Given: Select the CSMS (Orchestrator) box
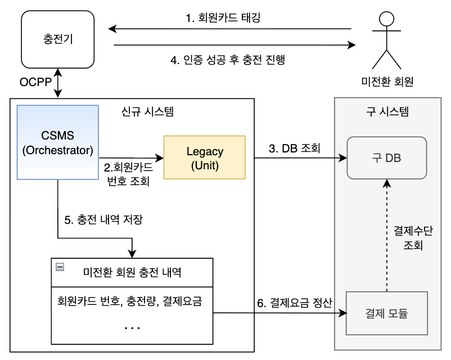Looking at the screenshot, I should pyautogui.click(x=58, y=142).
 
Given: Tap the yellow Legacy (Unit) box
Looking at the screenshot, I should pyautogui.click(x=204, y=158).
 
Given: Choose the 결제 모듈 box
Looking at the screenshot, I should pyautogui.click(x=386, y=313).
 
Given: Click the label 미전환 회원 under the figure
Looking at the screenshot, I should pyautogui.click(x=387, y=82).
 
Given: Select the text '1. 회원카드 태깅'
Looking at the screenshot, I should pyautogui.click(x=223, y=17).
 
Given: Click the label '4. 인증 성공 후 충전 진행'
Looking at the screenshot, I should pyautogui.click(x=227, y=60).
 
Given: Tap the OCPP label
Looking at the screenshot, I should pyautogui.click(x=35, y=83).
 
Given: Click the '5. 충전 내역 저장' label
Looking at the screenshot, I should pyautogui.click(x=103, y=220).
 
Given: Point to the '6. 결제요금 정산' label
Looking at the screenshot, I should pyautogui.click(x=295, y=303).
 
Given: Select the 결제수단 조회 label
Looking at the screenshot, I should pyautogui.click(x=413, y=238).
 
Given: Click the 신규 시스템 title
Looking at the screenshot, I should pyautogui.click(x=148, y=111).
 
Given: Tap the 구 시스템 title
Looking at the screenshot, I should pyautogui.click(x=387, y=111).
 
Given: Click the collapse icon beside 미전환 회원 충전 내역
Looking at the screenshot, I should pyautogui.click(x=60, y=267).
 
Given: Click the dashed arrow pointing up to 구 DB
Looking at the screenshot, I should pyautogui.click(x=386, y=236).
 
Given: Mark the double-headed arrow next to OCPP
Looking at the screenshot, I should pyautogui.click(x=58, y=83).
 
